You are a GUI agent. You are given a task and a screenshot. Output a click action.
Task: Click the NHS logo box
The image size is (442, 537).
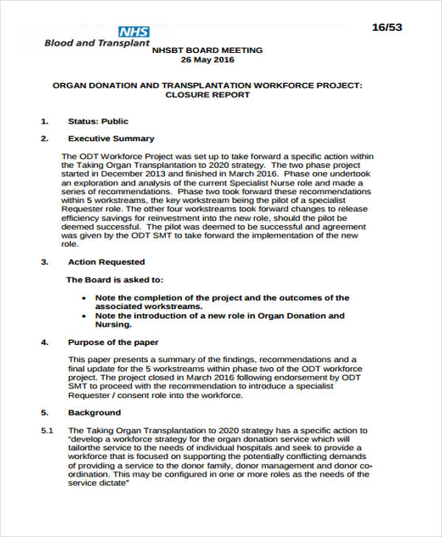135,32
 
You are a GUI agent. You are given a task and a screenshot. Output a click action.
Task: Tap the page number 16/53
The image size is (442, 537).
387,27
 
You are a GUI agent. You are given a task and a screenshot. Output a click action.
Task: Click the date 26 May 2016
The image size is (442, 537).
206,60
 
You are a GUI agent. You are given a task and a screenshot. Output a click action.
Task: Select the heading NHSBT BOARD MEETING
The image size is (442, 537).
206,50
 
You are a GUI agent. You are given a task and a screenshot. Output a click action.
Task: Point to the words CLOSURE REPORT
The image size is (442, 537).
207,95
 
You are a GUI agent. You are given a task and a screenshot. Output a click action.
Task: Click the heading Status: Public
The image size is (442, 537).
98,121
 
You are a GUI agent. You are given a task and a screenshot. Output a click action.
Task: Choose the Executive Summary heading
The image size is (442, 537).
111,138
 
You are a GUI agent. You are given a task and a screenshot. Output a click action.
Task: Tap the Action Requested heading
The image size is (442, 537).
106,262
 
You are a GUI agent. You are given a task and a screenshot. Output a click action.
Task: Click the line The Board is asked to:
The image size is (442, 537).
114,280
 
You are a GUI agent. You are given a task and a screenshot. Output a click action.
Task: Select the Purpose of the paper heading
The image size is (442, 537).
113,342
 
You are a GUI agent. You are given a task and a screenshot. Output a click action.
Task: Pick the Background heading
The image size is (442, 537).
94,413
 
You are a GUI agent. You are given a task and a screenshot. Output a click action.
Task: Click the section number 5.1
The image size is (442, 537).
46,430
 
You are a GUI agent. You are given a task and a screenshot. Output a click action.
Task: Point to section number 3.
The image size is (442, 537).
44,262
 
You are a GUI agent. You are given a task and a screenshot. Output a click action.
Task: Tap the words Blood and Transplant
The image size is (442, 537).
80,43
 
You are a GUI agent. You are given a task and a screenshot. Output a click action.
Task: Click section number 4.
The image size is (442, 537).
44,342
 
